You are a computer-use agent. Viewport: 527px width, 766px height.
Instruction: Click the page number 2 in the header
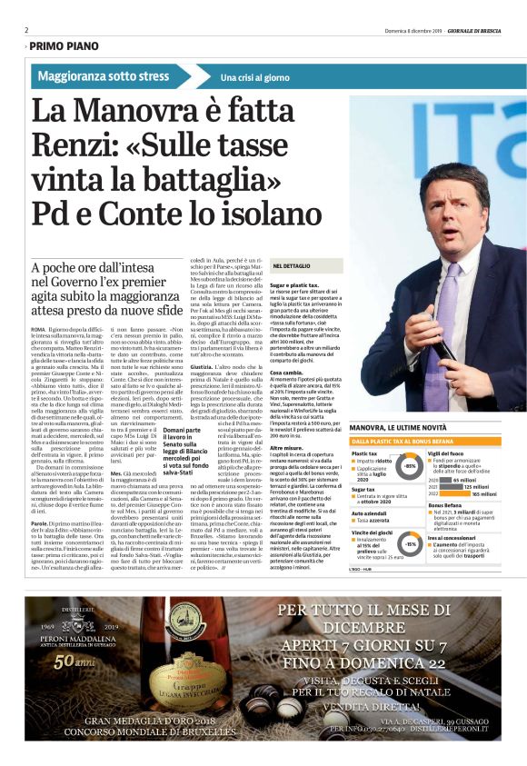click(27, 29)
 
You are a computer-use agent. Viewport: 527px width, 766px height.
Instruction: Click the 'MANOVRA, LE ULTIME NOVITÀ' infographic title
click(401, 426)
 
